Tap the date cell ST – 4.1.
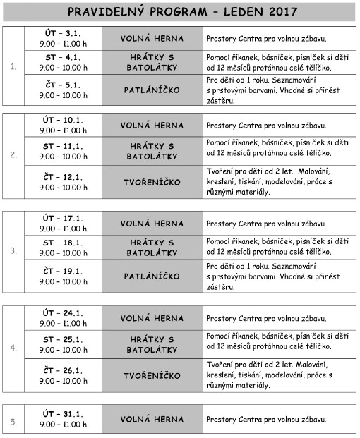coord(63,62)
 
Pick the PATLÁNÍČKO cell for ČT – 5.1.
coord(152,90)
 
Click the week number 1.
coord(13,67)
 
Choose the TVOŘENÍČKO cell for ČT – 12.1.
coord(152,181)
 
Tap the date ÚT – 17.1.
coord(63,223)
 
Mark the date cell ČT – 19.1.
coord(63,276)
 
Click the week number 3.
coord(13,250)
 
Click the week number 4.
coord(13,348)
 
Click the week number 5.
coord(13,422)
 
